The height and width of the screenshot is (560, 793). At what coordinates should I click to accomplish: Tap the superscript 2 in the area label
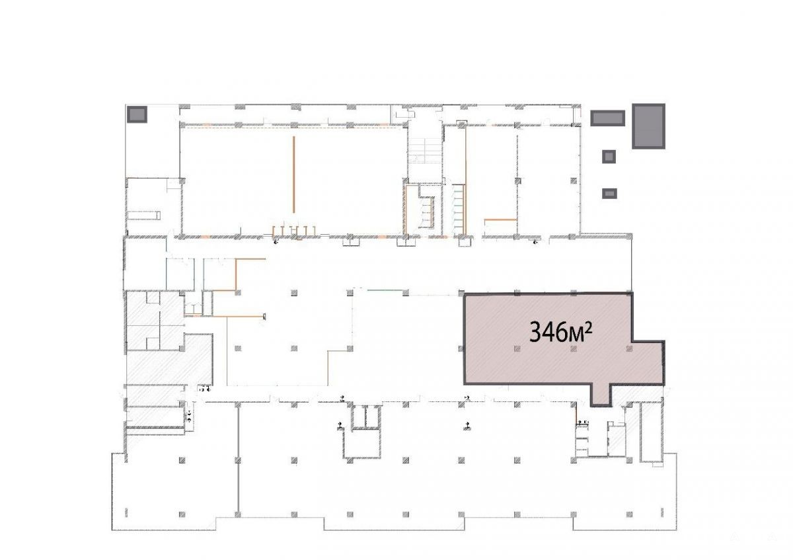pyautogui.click(x=588, y=329)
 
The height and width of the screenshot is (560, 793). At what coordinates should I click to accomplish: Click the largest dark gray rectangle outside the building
pyautogui.click(x=648, y=126)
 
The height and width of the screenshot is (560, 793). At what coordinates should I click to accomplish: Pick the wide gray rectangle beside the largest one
pyautogui.click(x=607, y=118)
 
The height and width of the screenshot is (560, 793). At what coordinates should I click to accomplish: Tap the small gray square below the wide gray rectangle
pyautogui.click(x=609, y=157)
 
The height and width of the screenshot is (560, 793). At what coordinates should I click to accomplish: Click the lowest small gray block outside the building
pyautogui.click(x=609, y=194)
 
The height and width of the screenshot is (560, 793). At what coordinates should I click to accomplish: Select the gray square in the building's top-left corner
pyautogui.click(x=137, y=114)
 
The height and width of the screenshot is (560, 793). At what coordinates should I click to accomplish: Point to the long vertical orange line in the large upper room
pyautogui.click(x=293, y=175)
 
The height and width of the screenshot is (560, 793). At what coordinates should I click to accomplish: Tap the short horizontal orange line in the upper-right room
pyautogui.click(x=501, y=220)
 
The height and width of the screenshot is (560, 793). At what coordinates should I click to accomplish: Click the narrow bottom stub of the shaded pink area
pyautogui.click(x=601, y=395)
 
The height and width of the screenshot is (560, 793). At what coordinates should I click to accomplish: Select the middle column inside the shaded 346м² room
pyautogui.click(x=574, y=349)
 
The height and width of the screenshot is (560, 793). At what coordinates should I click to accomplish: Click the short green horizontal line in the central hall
pyautogui.click(x=385, y=290)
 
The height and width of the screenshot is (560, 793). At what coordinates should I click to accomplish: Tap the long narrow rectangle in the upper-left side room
pyautogui.click(x=144, y=215)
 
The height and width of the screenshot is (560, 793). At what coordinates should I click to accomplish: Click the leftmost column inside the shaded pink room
pyautogui.click(x=517, y=349)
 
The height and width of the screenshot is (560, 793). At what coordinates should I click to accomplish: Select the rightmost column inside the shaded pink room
pyautogui.click(x=629, y=349)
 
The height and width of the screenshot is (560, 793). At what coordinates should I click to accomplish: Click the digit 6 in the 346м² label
pyautogui.click(x=560, y=333)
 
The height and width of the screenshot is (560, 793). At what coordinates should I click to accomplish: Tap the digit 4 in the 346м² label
pyautogui.click(x=548, y=333)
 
